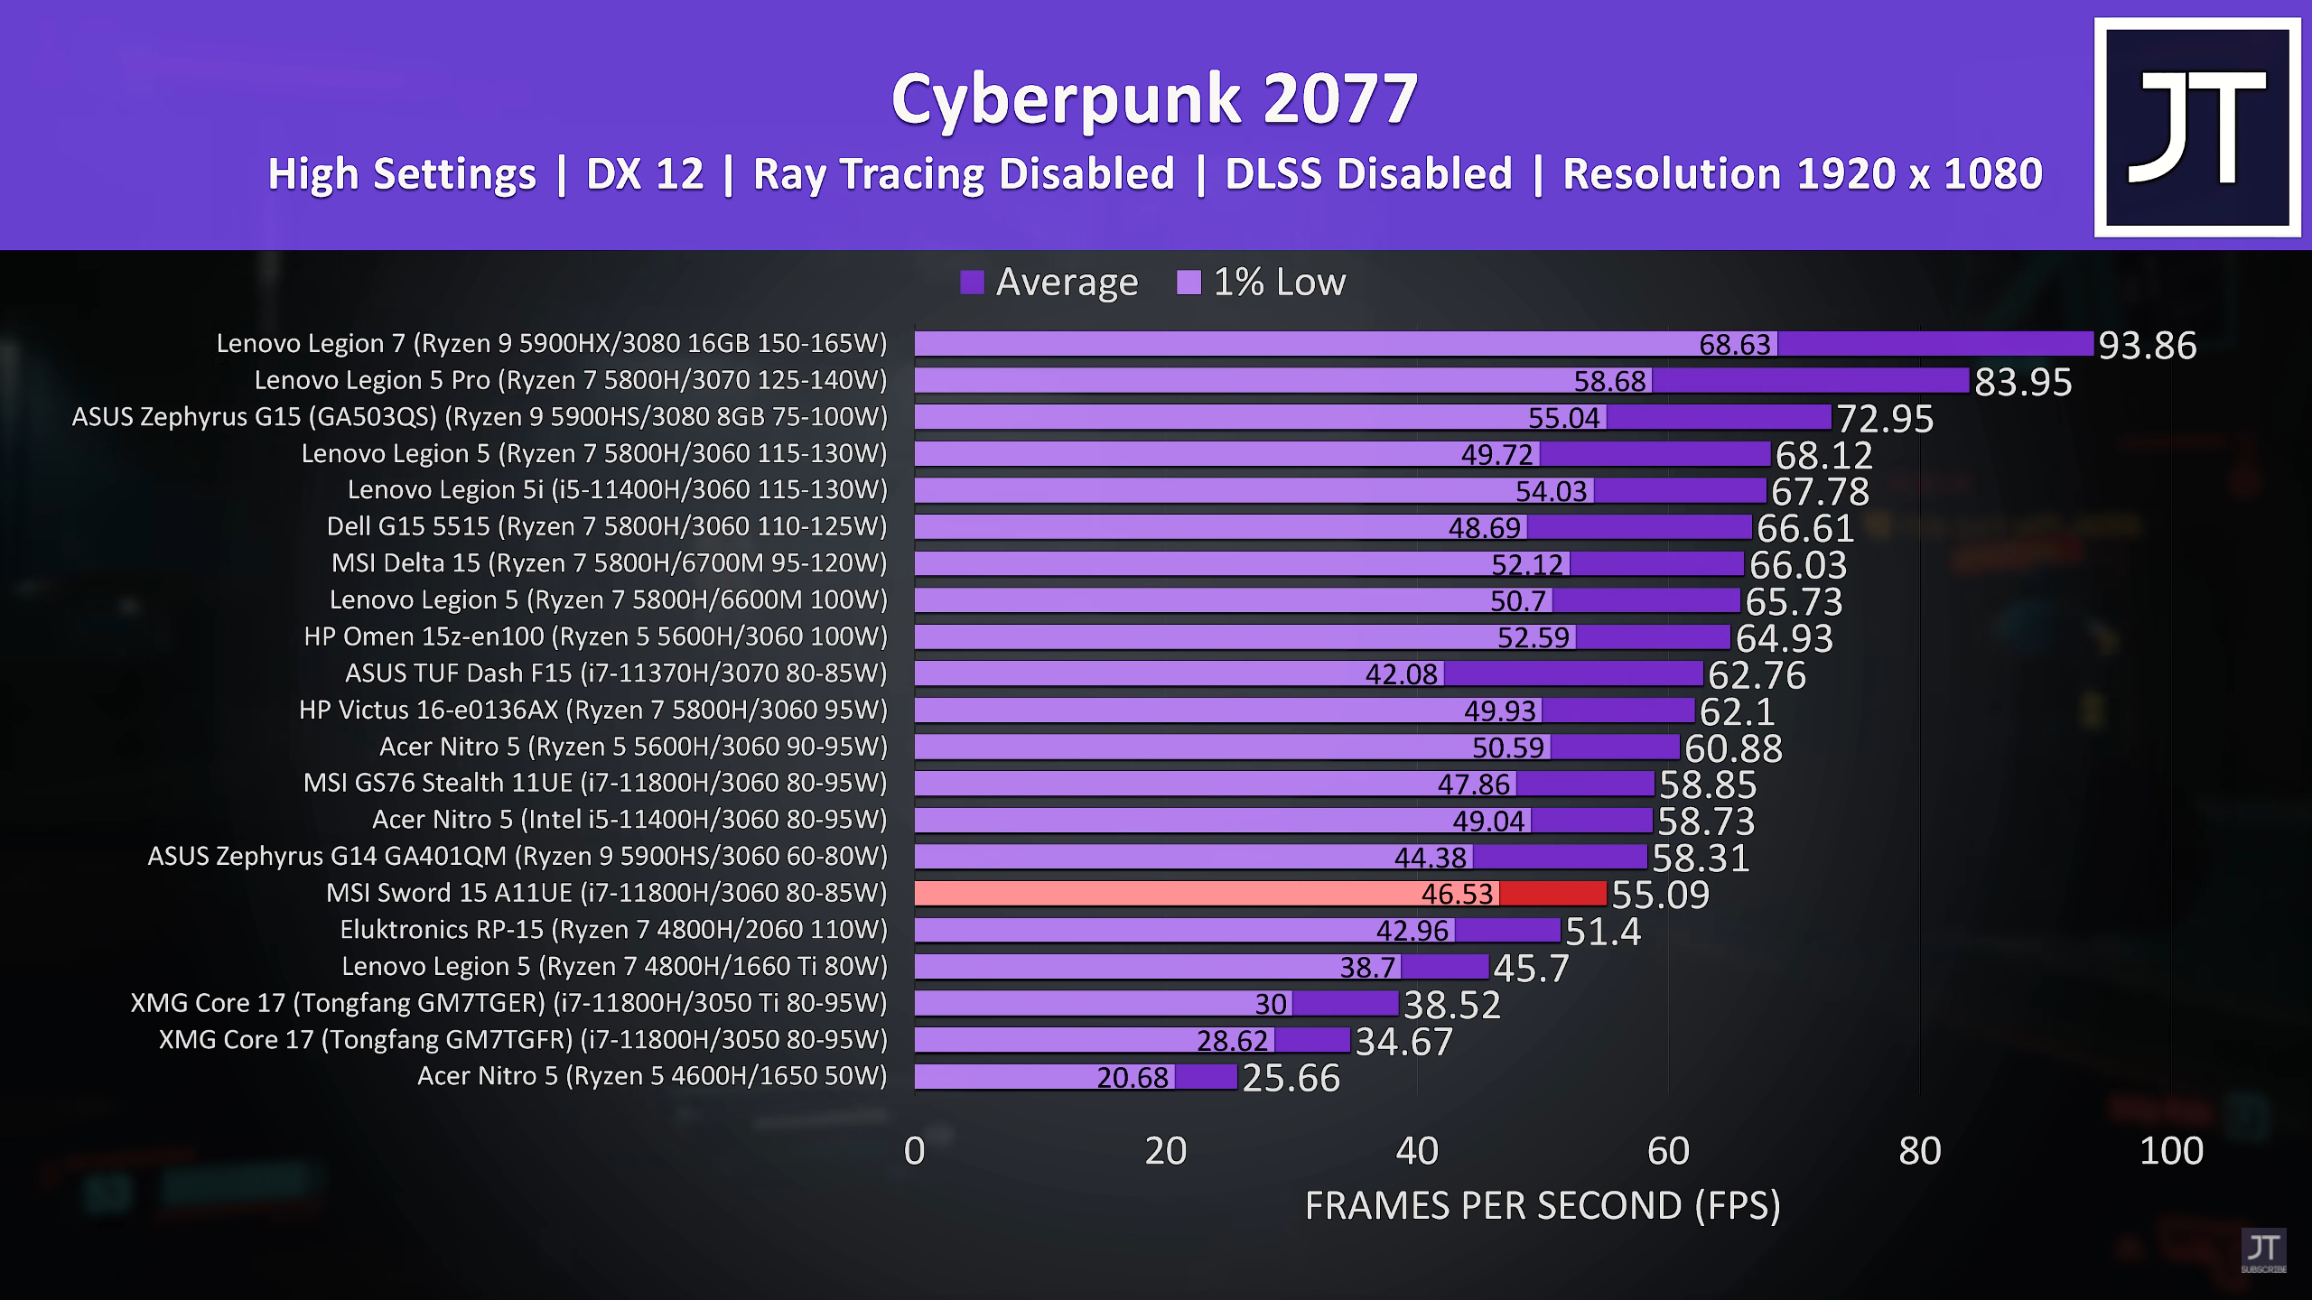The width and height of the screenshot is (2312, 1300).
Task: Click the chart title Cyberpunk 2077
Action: click(x=1154, y=99)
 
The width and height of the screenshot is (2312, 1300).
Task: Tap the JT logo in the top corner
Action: click(x=2196, y=127)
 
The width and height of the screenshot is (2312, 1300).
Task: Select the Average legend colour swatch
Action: click(x=972, y=283)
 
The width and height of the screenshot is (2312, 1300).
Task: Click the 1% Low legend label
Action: click(x=1278, y=283)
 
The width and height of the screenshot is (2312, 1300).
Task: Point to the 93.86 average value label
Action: click(x=2147, y=345)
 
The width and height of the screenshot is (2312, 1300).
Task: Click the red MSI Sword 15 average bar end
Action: click(x=1553, y=894)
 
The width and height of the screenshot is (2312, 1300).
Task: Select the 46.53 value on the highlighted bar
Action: click(x=1457, y=894)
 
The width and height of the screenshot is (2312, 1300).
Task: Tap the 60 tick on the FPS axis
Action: click(x=1668, y=1151)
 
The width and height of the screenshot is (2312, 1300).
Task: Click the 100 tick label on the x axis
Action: click(x=2171, y=1151)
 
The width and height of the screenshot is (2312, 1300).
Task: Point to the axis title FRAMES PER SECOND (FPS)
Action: click(x=1543, y=1206)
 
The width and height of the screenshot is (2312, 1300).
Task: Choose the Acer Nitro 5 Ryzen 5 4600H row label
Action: click(x=652, y=1076)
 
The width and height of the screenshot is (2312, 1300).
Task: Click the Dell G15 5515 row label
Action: click(x=607, y=526)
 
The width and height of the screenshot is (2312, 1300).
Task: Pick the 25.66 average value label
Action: click(x=1291, y=1078)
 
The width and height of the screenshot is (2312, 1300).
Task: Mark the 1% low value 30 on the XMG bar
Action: click(x=1271, y=1004)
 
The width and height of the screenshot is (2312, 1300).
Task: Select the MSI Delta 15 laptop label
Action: click(x=609, y=563)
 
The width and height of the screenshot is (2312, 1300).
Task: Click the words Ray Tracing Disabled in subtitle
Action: click(x=964, y=174)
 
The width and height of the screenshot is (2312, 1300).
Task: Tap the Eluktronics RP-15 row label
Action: click(x=613, y=930)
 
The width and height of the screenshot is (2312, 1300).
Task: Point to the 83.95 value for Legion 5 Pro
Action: click(x=2023, y=382)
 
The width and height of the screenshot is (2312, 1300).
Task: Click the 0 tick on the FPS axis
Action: click(x=914, y=1151)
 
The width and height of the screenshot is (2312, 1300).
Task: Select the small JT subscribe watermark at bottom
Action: click(x=2263, y=1251)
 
